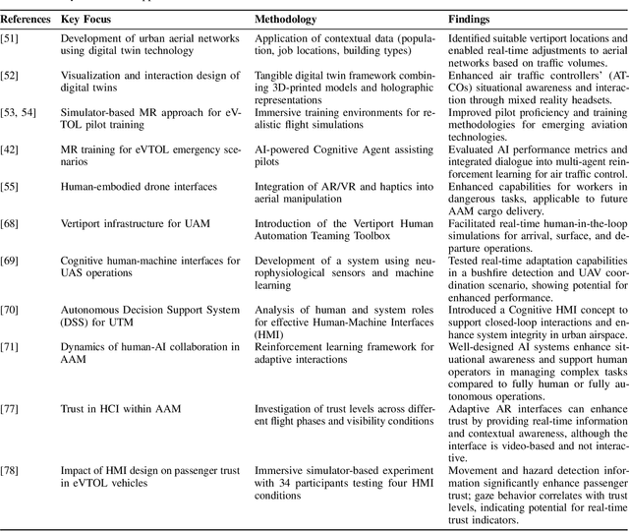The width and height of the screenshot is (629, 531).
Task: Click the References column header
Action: [x=27, y=19]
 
